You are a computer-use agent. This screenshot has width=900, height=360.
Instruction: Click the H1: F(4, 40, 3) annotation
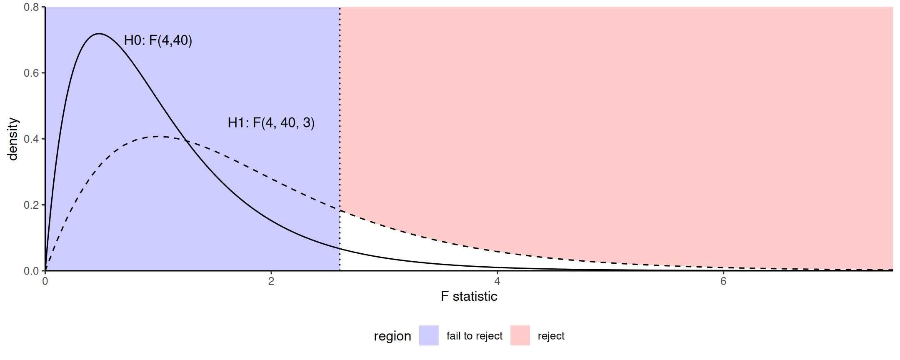[x=271, y=123]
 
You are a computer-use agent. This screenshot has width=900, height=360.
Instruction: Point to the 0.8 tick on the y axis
[x=31, y=7]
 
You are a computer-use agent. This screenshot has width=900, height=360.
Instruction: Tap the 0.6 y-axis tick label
[x=31, y=73]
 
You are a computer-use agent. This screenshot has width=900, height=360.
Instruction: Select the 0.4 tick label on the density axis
[x=31, y=139]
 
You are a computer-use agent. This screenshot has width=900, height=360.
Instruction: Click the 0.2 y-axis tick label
[x=31, y=205]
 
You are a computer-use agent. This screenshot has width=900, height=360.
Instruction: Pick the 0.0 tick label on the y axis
[x=31, y=271]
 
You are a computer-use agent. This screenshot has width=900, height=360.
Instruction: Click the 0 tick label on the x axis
[x=45, y=282]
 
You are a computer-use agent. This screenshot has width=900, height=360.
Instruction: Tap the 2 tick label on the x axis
[x=271, y=282]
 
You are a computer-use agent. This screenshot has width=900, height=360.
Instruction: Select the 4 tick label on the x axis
[x=497, y=282]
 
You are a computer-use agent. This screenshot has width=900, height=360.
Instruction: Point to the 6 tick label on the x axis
[x=723, y=282]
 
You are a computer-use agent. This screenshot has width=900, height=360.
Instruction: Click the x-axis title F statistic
[x=469, y=296]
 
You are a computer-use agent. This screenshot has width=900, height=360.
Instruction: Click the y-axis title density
[x=13, y=139]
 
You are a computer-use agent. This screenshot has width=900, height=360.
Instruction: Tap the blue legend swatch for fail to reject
[x=429, y=335]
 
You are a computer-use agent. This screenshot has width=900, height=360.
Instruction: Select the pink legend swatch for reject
[x=520, y=335]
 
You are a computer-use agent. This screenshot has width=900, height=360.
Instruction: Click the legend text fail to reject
[x=475, y=336]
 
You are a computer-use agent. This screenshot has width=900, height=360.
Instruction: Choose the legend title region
[x=392, y=336]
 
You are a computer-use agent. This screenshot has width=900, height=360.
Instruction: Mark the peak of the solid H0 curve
[x=99, y=34]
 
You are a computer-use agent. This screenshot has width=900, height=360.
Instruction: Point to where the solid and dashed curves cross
[x=186, y=141]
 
